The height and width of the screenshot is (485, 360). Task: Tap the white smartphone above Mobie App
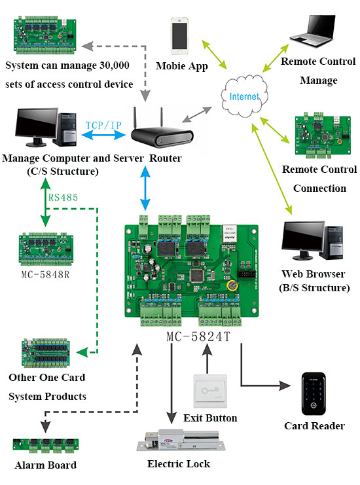click(181, 35)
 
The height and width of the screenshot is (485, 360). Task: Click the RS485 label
click(60, 196)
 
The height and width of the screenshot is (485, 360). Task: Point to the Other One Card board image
click(46, 354)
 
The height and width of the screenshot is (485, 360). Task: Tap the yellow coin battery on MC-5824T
click(230, 285)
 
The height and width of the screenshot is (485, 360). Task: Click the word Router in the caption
click(165, 159)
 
